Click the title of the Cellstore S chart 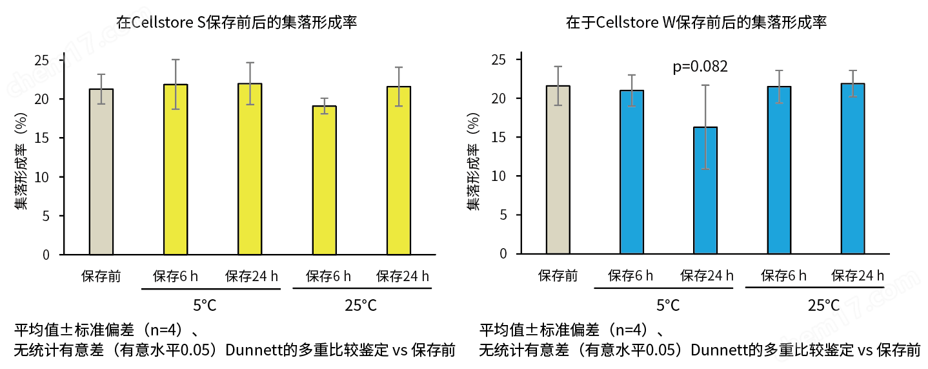point(237,23)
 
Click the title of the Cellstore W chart point(696,23)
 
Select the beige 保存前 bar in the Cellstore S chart point(101,172)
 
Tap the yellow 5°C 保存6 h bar point(176,169)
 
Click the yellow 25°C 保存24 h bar point(399,171)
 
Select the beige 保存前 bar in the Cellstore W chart point(558,170)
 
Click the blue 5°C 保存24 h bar point(705,191)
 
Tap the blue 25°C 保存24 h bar point(852,169)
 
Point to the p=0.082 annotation point(700,67)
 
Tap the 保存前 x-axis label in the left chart point(101,277)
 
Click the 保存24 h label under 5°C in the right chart point(707,276)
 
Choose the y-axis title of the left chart point(21,162)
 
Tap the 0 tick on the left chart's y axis point(46,255)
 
